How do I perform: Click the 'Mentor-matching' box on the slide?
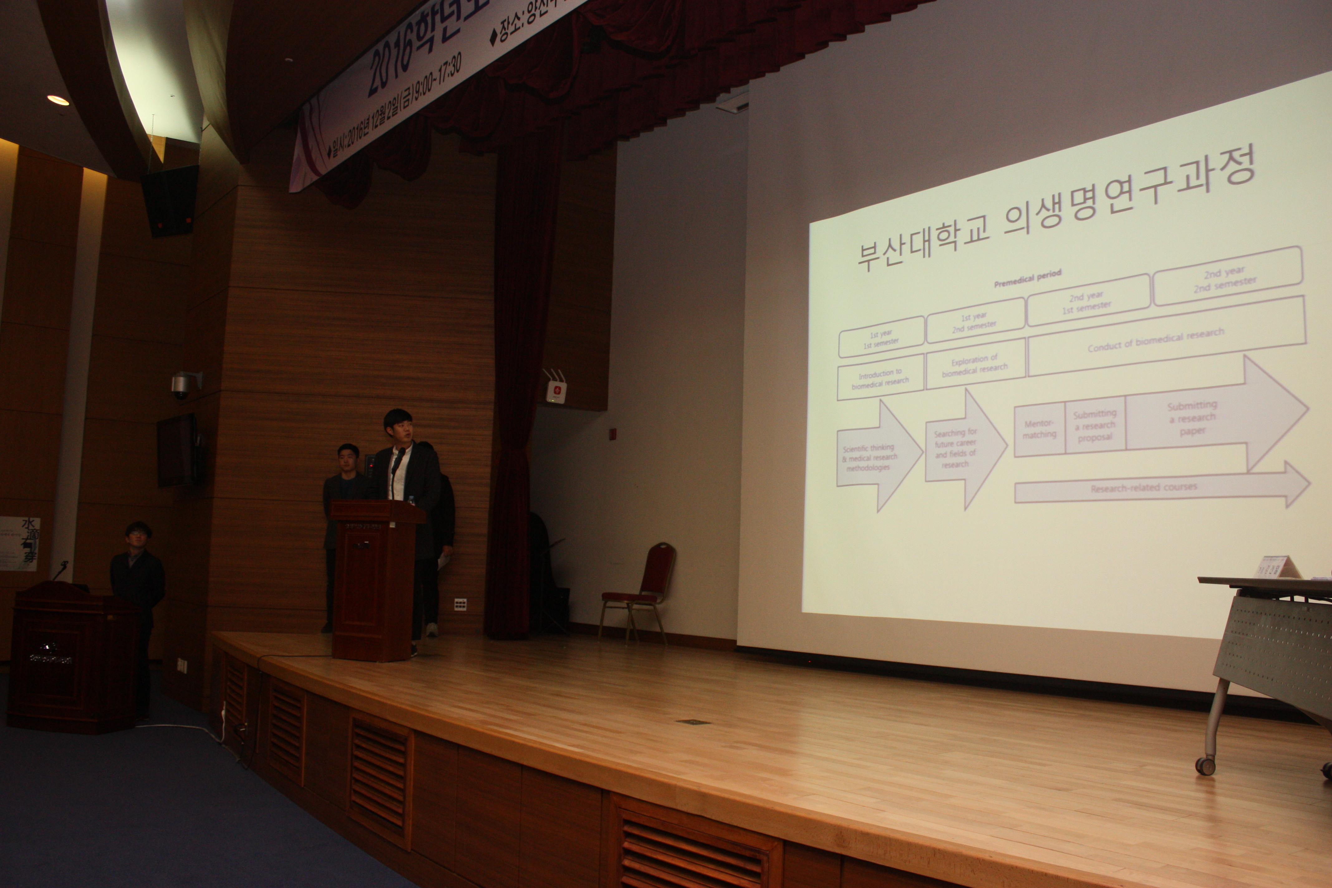point(1039,429)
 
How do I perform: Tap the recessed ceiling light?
point(58,100)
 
